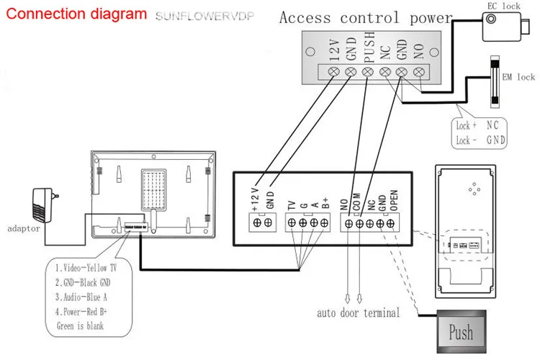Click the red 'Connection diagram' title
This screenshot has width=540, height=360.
point(76,14)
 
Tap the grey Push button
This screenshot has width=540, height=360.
point(462,331)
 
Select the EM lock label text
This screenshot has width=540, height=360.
point(518,77)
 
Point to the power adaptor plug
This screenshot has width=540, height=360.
point(44,205)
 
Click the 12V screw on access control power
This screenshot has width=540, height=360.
point(334,72)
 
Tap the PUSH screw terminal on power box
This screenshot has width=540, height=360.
point(368,72)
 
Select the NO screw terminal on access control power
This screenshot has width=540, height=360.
point(419,72)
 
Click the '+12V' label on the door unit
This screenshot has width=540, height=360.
point(255,199)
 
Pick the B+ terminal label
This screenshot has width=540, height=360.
point(325,203)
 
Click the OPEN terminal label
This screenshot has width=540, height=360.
point(394,200)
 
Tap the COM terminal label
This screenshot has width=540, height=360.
point(356,202)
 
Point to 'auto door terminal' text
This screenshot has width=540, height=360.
point(359,312)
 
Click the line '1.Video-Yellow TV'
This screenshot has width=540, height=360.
point(86,268)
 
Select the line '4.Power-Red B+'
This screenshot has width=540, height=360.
point(81,312)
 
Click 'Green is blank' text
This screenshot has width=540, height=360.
point(80,326)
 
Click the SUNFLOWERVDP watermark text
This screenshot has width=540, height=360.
point(205,16)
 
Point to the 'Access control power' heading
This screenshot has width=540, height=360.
point(366,18)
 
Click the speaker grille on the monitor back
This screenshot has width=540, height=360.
point(153,189)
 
